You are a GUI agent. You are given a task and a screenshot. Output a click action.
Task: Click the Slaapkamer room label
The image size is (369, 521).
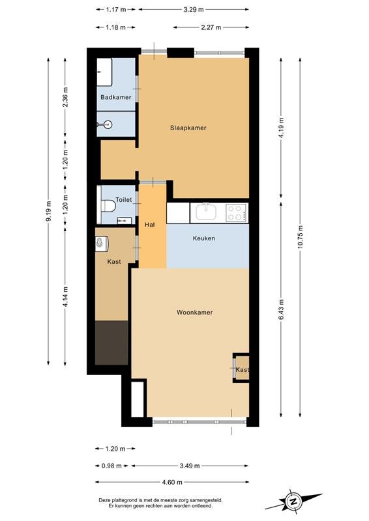pos(188,128)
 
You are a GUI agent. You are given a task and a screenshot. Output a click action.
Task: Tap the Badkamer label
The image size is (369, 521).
pos(116,97)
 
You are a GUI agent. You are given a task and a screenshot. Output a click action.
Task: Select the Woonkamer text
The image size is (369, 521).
pos(195,313)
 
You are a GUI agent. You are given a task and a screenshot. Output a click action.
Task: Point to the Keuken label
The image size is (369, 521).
pos(203,238)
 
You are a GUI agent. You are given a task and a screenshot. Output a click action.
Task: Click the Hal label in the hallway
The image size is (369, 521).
pos(150,225)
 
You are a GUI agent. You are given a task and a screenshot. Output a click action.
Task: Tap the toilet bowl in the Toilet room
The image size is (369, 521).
pos(108,206)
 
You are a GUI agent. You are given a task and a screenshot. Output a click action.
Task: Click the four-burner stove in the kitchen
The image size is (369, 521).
pos(236,213)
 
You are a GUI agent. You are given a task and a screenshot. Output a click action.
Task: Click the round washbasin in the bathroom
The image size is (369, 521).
pos(107,124)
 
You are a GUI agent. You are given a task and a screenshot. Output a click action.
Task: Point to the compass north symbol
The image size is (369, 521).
pos(293,501)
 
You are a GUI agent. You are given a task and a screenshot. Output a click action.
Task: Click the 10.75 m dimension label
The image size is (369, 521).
pos(300,237)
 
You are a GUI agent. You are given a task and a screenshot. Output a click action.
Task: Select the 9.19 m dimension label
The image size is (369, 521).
pos(49,211)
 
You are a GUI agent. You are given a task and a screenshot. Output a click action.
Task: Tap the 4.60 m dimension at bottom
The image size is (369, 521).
pos(172,482)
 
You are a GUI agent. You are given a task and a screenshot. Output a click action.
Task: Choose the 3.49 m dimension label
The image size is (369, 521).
pos(190,466)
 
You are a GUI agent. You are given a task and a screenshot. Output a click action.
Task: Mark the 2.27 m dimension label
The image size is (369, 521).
pos(211,27)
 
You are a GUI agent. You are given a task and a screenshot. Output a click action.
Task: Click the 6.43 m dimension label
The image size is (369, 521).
pos(281,310)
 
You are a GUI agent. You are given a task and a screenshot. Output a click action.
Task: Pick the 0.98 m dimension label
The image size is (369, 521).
pos(111,466)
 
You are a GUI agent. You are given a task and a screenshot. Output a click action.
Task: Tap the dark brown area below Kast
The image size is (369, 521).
pos(111,343)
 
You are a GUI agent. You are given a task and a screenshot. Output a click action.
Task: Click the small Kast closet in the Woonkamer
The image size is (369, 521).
pos(242,368)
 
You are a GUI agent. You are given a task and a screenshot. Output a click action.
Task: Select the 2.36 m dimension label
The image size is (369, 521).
pos(65,97)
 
